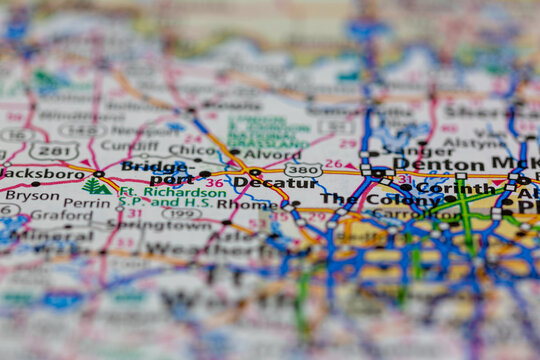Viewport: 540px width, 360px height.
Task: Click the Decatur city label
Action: point(274,183)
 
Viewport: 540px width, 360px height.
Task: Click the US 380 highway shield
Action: point(302,170)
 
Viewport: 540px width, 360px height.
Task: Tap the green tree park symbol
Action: point(96,186)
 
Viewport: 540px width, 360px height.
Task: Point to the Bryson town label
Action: point(32,196)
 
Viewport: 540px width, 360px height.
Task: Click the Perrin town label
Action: point(87,203)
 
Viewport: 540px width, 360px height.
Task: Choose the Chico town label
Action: point(193,150)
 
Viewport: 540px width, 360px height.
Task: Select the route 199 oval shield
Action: point(180,213)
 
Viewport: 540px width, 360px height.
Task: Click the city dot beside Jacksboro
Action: point(98,174)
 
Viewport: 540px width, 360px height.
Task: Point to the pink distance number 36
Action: point(214,183)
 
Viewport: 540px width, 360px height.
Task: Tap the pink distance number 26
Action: point(333,163)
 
